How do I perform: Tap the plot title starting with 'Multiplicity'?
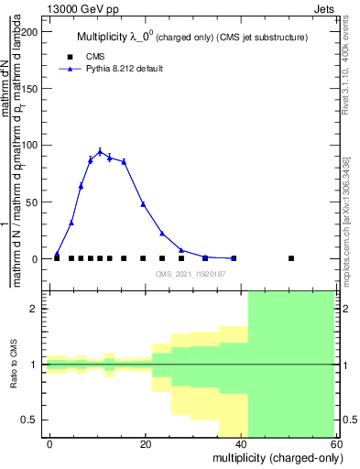click(x=191, y=37)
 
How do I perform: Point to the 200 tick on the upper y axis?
click(x=32, y=32)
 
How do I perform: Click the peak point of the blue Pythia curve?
click(x=100, y=151)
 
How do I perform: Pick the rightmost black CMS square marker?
click(x=291, y=258)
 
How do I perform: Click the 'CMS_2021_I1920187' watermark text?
click(x=191, y=274)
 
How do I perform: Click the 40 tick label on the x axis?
click(x=241, y=444)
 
